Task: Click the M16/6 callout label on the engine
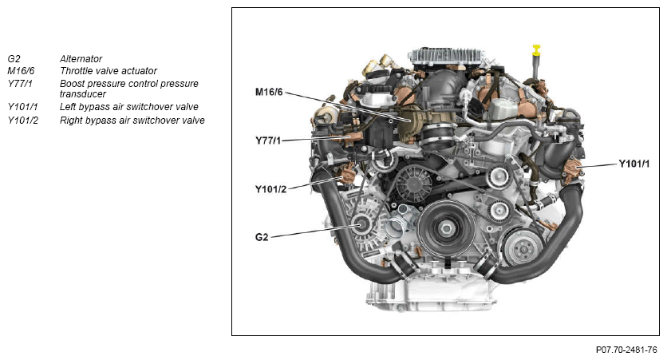269,92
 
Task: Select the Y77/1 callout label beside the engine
268,140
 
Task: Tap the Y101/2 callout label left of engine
271,189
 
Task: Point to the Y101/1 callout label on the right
634,164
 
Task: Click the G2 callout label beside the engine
262,237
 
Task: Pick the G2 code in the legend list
14,59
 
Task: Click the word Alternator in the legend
81,59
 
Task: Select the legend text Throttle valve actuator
109,70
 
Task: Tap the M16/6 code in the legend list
21,70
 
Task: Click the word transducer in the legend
83,94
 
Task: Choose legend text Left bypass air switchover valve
129,107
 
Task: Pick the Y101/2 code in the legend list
22,121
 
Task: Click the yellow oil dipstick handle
536,49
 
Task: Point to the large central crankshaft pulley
446,228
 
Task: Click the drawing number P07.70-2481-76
626,350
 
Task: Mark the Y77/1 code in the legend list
20,84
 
